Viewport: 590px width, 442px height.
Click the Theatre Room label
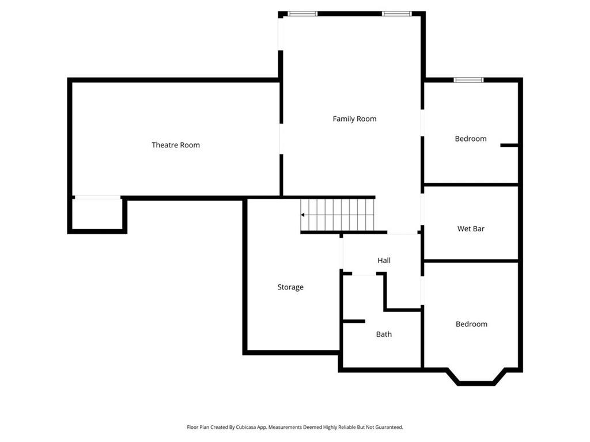pos(176,145)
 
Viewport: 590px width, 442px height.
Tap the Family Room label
pos(354,119)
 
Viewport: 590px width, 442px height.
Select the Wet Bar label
pos(471,228)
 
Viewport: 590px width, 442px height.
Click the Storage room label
pos(290,287)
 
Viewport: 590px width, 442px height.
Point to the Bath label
pos(384,334)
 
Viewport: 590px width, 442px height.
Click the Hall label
pos(384,261)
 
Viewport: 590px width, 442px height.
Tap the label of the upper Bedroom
pos(471,139)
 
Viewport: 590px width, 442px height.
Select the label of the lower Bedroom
pos(471,324)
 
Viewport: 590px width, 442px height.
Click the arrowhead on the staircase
pos(303,215)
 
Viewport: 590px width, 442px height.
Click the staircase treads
pos(340,215)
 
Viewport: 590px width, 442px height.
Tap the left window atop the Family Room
pos(302,13)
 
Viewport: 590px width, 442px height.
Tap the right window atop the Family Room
pos(396,13)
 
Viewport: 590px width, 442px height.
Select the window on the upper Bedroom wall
pos(468,80)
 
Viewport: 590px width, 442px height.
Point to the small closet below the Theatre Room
pos(97,214)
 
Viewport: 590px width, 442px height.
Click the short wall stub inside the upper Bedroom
pos(509,145)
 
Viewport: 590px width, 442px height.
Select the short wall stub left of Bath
pos(353,321)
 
